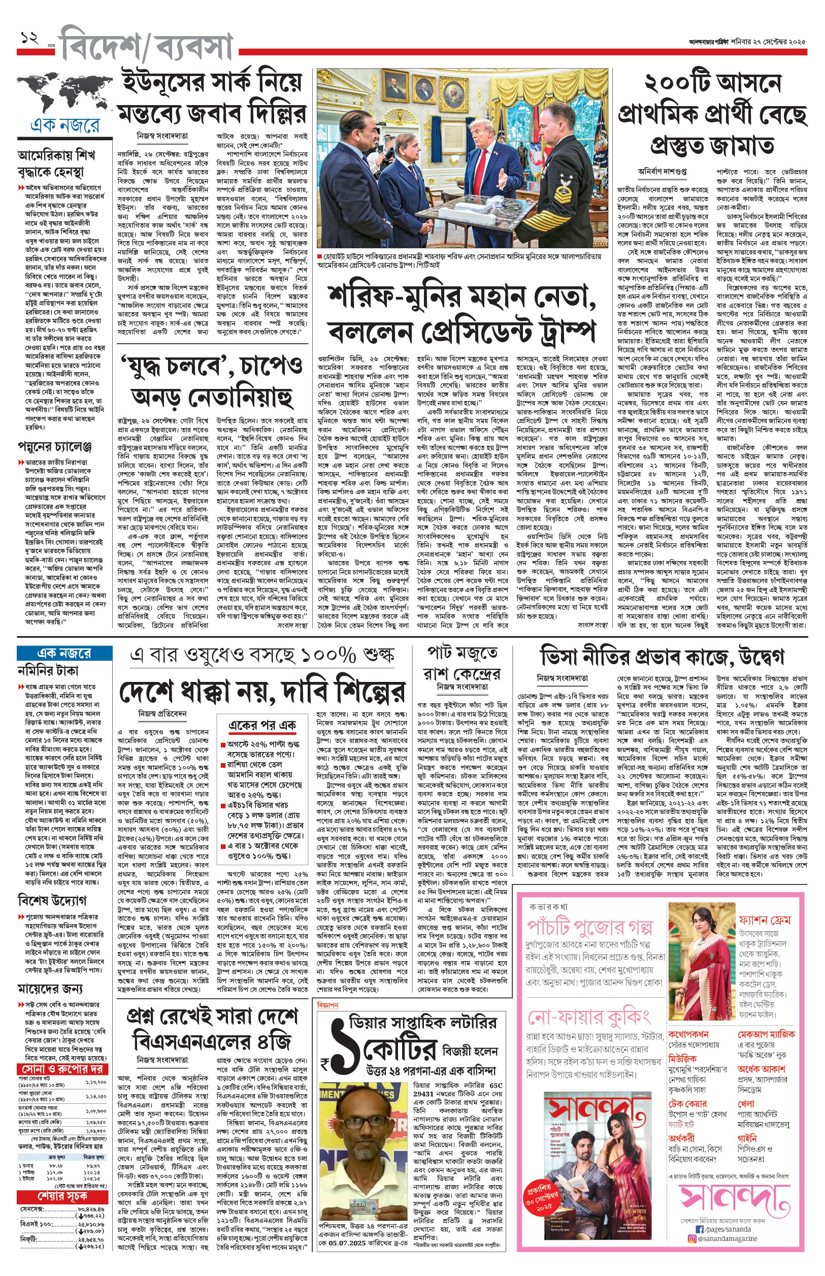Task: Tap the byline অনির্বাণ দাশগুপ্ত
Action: [662, 172]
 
